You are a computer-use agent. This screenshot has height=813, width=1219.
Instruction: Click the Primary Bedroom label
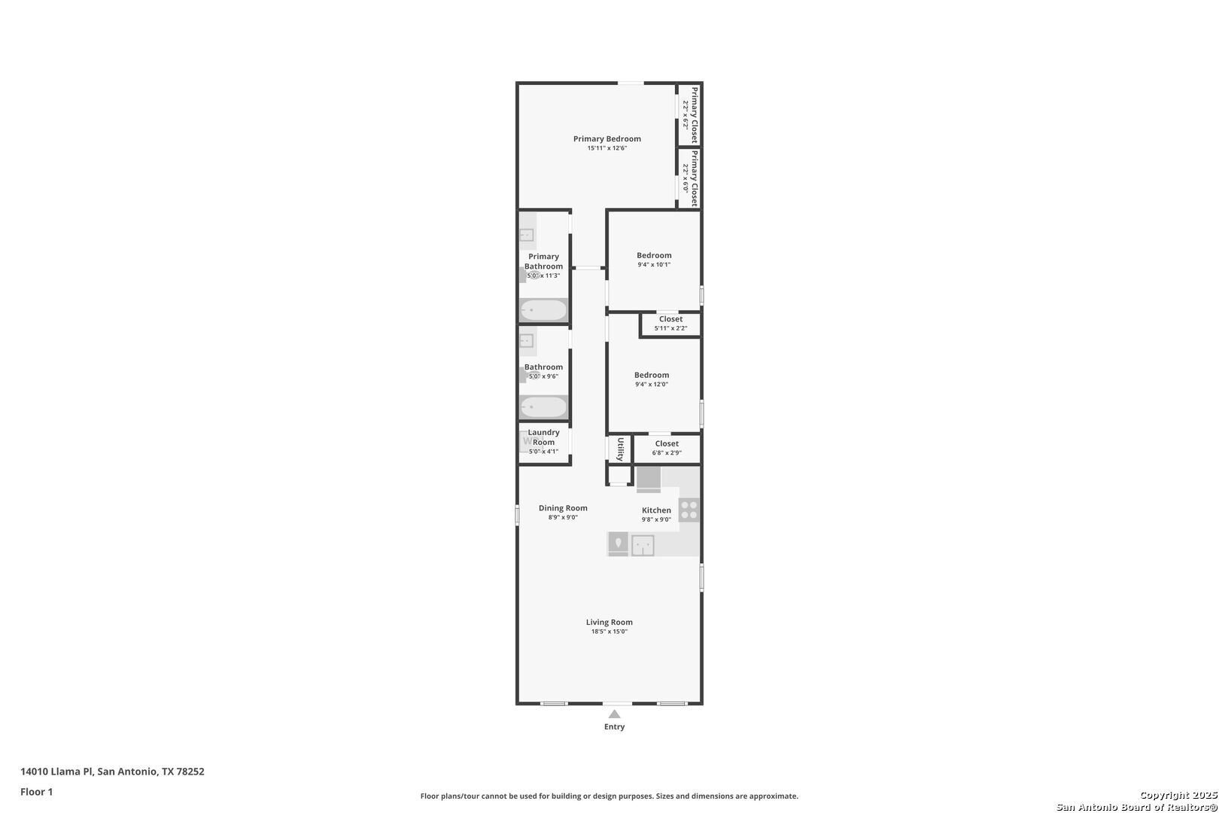[606, 139]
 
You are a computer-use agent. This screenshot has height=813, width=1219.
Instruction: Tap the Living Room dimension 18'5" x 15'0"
[609, 632]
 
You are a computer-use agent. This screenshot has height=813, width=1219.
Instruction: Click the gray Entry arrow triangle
[615, 714]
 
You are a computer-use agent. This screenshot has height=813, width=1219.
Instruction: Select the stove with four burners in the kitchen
[689, 510]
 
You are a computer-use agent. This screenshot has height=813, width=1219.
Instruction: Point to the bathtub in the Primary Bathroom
[543, 310]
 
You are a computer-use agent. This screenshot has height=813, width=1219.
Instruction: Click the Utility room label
[620, 450]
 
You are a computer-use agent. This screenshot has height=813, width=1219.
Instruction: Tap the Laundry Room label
[543, 437]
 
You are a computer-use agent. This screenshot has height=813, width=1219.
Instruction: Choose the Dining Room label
[564, 508]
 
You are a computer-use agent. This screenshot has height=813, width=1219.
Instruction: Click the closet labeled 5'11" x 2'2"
[670, 324]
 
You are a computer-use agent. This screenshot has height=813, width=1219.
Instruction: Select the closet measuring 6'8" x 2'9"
[667, 448]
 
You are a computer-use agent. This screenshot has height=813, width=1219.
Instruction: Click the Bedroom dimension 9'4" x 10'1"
[654, 265]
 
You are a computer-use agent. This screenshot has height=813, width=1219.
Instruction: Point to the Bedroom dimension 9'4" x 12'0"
[652, 385]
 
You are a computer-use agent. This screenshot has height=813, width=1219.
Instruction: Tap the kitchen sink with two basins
[643, 545]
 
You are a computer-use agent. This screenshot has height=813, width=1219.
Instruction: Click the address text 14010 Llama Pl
[56, 772]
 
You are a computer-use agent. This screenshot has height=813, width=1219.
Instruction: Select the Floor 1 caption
[36, 793]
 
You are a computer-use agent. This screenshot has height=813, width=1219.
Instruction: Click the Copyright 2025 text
[1178, 795]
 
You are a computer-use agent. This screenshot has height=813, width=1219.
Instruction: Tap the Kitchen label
[656, 510]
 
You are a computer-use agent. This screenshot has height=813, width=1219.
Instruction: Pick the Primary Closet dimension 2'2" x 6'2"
[685, 114]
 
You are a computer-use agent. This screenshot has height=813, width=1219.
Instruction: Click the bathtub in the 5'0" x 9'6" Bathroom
[543, 407]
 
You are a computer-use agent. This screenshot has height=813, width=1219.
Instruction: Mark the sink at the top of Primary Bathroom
[526, 235]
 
